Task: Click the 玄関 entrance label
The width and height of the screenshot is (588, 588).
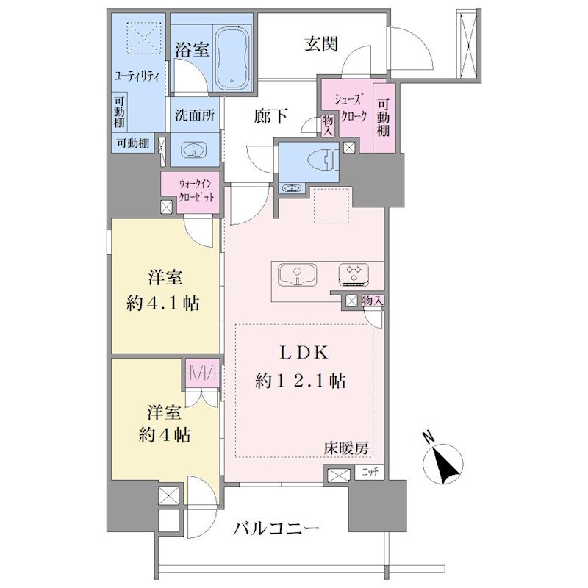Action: (x=321, y=44)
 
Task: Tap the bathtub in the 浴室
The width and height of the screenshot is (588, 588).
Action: (x=232, y=58)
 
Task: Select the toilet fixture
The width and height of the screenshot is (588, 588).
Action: (x=323, y=159)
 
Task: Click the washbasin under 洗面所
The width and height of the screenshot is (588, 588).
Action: (x=194, y=150)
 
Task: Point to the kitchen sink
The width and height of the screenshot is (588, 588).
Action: (x=297, y=276)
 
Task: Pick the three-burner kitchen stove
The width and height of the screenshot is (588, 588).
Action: (x=354, y=276)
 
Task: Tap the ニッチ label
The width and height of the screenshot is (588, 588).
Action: (x=370, y=473)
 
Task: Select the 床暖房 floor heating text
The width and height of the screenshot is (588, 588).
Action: (x=346, y=448)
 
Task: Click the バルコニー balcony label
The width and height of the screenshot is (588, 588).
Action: (x=276, y=528)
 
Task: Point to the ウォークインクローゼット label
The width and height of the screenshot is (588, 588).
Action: (x=196, y=191)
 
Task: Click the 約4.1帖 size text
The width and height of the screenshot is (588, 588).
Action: (x=163, y=303)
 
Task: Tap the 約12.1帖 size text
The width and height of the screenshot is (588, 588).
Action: (x=301, y=381)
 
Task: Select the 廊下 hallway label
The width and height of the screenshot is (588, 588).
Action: (x=270, y=116)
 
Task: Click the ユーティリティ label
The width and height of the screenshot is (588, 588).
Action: (x=137, y=76)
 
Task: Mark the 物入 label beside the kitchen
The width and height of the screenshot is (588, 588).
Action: (x=373, y=301)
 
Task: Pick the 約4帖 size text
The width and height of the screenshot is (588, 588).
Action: (x=164, y=435)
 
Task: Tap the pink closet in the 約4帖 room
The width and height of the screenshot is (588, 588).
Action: (x=202, y=373)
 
